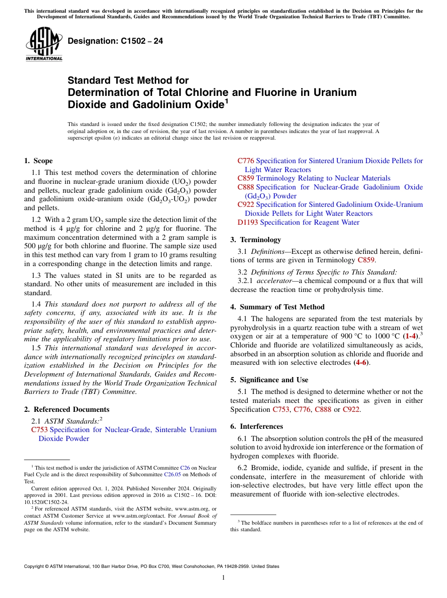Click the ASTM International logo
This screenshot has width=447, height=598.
44,44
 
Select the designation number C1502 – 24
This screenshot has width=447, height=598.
115,41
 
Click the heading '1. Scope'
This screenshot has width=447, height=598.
39,161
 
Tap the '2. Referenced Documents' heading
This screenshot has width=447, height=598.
67,409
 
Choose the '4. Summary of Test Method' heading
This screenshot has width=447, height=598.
277,307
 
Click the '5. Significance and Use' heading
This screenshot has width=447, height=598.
269,380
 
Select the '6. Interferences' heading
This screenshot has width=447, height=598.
256,426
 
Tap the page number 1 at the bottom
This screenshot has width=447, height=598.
223,578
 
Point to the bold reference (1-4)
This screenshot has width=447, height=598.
407,337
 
